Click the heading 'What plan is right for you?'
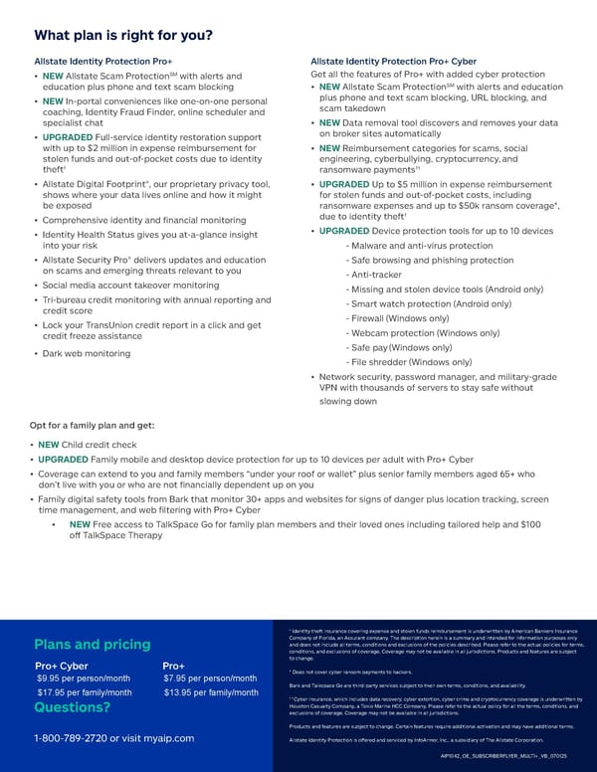click(x=123, y=37)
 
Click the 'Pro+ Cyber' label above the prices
click(x=62, y=665)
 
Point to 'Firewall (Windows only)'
click(x=398, y=318)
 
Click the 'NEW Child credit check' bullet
click(x=92, y=444)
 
